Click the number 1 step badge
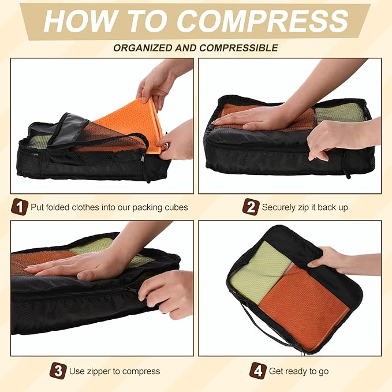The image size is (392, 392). [x=20, y=207]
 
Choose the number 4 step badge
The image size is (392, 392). [x=257, y=371]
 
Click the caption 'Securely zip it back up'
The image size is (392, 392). [x=305, y=207]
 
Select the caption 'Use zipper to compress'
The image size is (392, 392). [x=114, y=371]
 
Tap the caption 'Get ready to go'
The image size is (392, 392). [x=298, y=371]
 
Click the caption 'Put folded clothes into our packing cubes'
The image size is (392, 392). [x=109, y=207]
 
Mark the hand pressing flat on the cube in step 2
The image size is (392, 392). [x=254, y=118]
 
